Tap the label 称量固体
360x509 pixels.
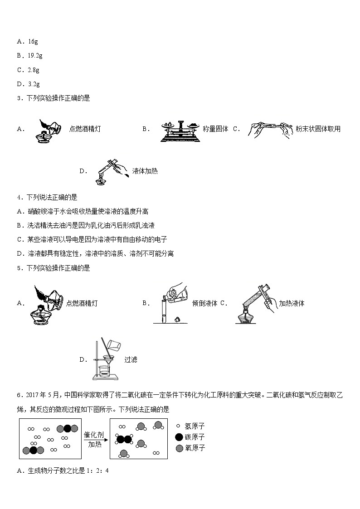[x=215, y=129]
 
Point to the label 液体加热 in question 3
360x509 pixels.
[x=145, y=171]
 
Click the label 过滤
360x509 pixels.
[x=131, y=359]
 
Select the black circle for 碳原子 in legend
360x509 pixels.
[x=179, y=437]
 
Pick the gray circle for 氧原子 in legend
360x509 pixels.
[x=179, y=448]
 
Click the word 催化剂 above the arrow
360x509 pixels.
[x=94, y=435]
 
